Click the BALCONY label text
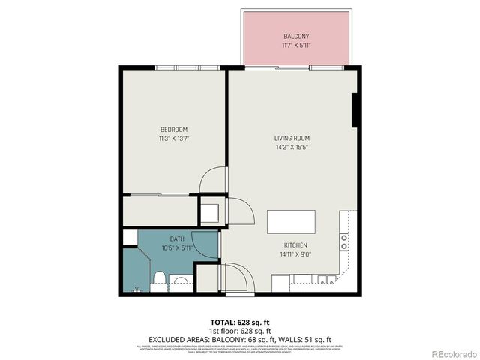pyautogui.click(x=296, y=37)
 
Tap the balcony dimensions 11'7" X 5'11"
pyautogui.click(x=296, y=46)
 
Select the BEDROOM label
pyautogui.click(x=173, y=129)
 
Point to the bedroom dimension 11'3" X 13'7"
pyautogui.click(x=173, y=138)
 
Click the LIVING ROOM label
pyautogui.click(x=292, y=138)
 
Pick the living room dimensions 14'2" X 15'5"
pyautogui.click(x=292, y=147)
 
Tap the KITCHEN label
pyautogui.click(x=295, y=245)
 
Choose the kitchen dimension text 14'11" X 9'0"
pyautogui.click(x=295, y=254)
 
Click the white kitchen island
pyautogui.click(x=291, y=222)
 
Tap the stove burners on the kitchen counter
pyautogui.click(x=344, y=241)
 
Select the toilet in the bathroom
pyautogui.click(x=157, y=280)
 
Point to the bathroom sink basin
pyautogui.click(x=180, y=283)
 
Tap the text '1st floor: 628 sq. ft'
pyautogui.click(x=240, y=330)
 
